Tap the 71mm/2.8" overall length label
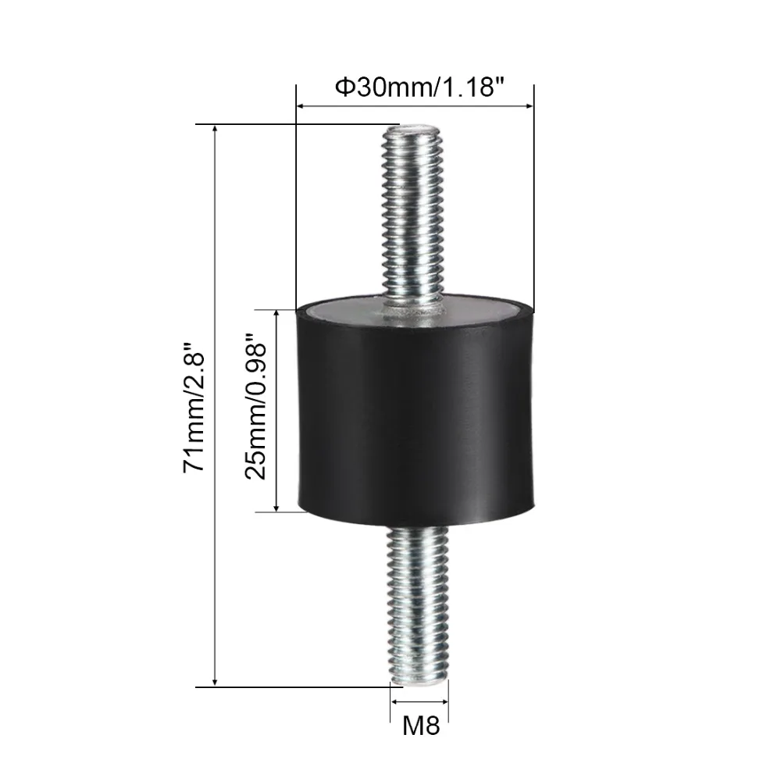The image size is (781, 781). coord(194,407)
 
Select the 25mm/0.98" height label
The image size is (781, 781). coord(255,406)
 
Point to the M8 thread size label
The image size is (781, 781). coord(421,726)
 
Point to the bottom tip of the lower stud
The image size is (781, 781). coord(419,683)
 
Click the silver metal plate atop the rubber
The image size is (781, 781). coord(415,311)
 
